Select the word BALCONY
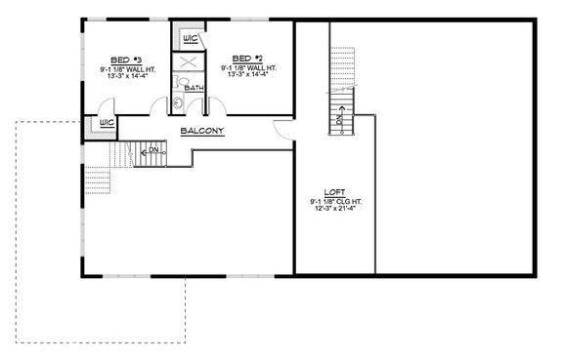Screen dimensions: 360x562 [202, 128]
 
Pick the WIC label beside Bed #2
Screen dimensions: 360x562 [191, 39]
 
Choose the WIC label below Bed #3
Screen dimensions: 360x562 [108, 124]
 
